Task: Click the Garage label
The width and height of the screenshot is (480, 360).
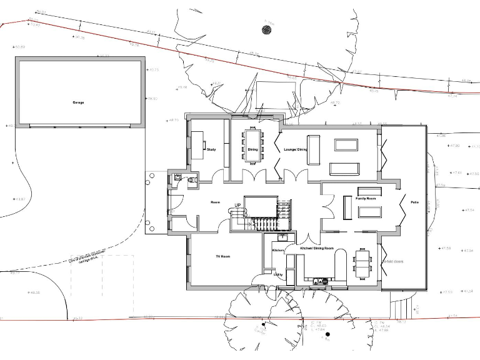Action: click(x=78, y=102)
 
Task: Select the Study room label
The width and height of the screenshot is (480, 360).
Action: click(x=211, y=150)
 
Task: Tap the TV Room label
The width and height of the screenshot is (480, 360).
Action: click(x=223, y=257)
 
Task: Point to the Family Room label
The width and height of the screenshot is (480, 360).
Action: click(x=366, y=198)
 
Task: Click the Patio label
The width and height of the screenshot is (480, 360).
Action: click(x=414, y=202)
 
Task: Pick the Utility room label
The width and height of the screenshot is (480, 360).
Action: click(x=278, y=274)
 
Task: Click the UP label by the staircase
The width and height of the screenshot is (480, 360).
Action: click(x=237, y=205)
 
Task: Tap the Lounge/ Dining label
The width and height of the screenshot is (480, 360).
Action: click(x=295, y=150)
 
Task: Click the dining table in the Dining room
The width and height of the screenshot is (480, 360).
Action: click(x=252, y=145)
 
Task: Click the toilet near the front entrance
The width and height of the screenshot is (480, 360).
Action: click(x=192, y=180)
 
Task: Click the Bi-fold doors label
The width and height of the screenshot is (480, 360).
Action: click(x=394, y=261)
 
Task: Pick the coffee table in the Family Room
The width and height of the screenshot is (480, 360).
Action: click(x=369, y=212)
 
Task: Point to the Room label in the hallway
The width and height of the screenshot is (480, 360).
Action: click(x=216, y=202)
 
